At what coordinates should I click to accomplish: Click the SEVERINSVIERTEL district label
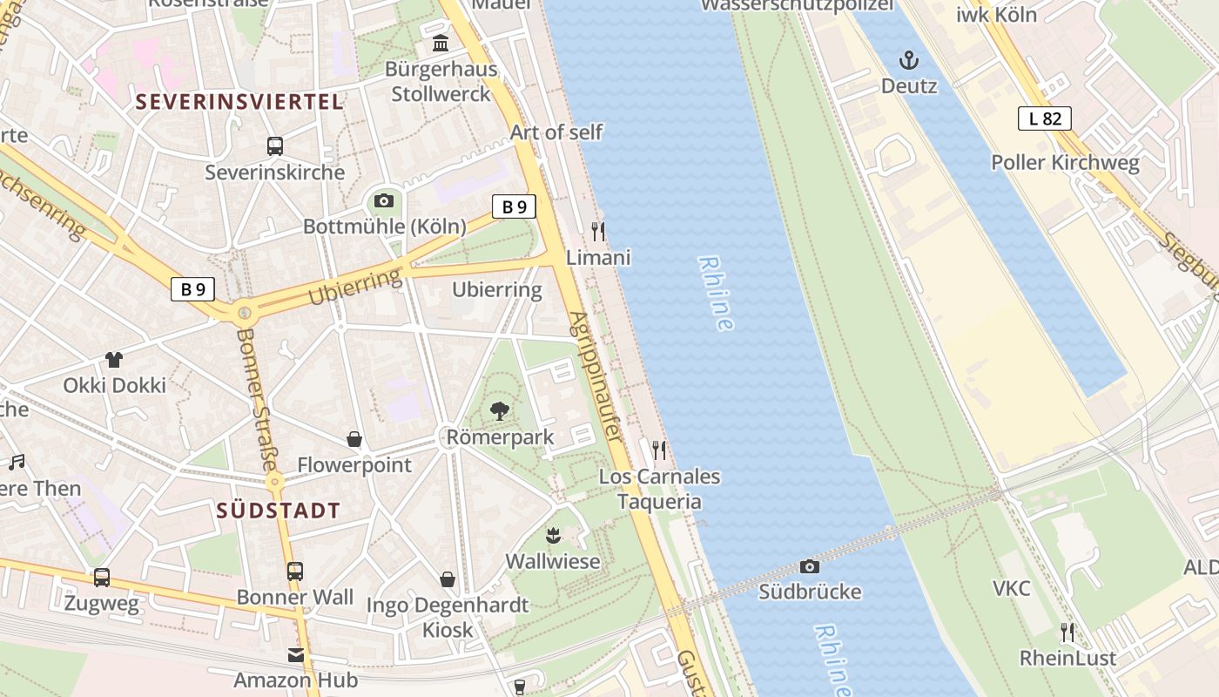coord(239,102)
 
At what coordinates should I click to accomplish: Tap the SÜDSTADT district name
coord(278,511)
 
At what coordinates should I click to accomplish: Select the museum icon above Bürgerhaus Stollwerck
coord(441,44)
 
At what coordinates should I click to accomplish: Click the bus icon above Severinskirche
coord(275,146)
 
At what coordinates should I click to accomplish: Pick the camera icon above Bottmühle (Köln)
coord(383,201)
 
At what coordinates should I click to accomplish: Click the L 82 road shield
coord(1044,118)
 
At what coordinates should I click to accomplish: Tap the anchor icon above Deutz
coord(909,60)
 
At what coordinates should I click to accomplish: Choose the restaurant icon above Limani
coord(598,232)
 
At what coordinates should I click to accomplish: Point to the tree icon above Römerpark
coord(500,410)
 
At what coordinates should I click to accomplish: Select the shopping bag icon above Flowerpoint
coord(354,439)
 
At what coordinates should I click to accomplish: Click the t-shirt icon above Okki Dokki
coord(114,359)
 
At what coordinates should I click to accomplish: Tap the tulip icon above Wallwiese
coord(552,535)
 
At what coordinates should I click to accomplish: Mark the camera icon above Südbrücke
coord(810,566)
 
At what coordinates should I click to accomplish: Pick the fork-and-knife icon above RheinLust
coord(1067,632)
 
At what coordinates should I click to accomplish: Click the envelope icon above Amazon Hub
coord(296,654)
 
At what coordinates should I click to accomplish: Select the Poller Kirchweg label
coord(1065,162)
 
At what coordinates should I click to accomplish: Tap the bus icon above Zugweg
coord(102,577)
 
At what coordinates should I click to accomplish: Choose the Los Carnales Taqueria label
coord(659,489)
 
